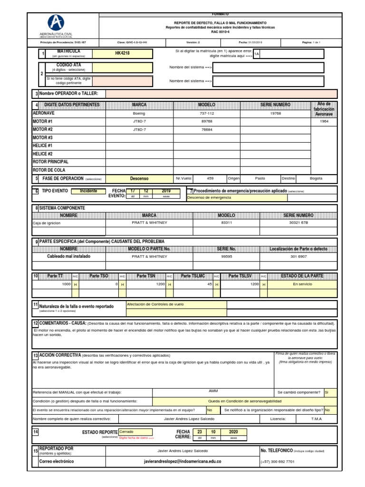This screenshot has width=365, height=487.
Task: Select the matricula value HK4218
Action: coord(122,53)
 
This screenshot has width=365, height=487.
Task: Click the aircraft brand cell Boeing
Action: coord(139,114)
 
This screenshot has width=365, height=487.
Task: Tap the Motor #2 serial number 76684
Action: coord(207,129)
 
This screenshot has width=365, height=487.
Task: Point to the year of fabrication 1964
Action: coord(324,121)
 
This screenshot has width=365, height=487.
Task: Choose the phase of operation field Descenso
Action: coord(139,178)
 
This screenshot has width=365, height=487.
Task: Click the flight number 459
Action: coord(211,178)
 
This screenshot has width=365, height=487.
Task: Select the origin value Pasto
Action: coord(260,178)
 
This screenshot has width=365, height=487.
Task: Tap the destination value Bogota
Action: coord(316,178)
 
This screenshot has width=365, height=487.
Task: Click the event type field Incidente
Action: coord(88,191)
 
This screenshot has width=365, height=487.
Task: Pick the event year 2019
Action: coord(166,191)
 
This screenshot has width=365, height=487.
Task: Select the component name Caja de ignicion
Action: coord(48,223)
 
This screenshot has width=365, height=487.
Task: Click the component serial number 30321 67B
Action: coord(298,223)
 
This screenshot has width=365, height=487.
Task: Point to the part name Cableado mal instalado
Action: coord(68,256)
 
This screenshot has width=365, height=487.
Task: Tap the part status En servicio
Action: coord(301,284)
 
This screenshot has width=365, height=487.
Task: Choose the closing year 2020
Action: coord(233,432)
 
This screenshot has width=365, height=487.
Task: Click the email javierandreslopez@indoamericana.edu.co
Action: coord(182,461)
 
